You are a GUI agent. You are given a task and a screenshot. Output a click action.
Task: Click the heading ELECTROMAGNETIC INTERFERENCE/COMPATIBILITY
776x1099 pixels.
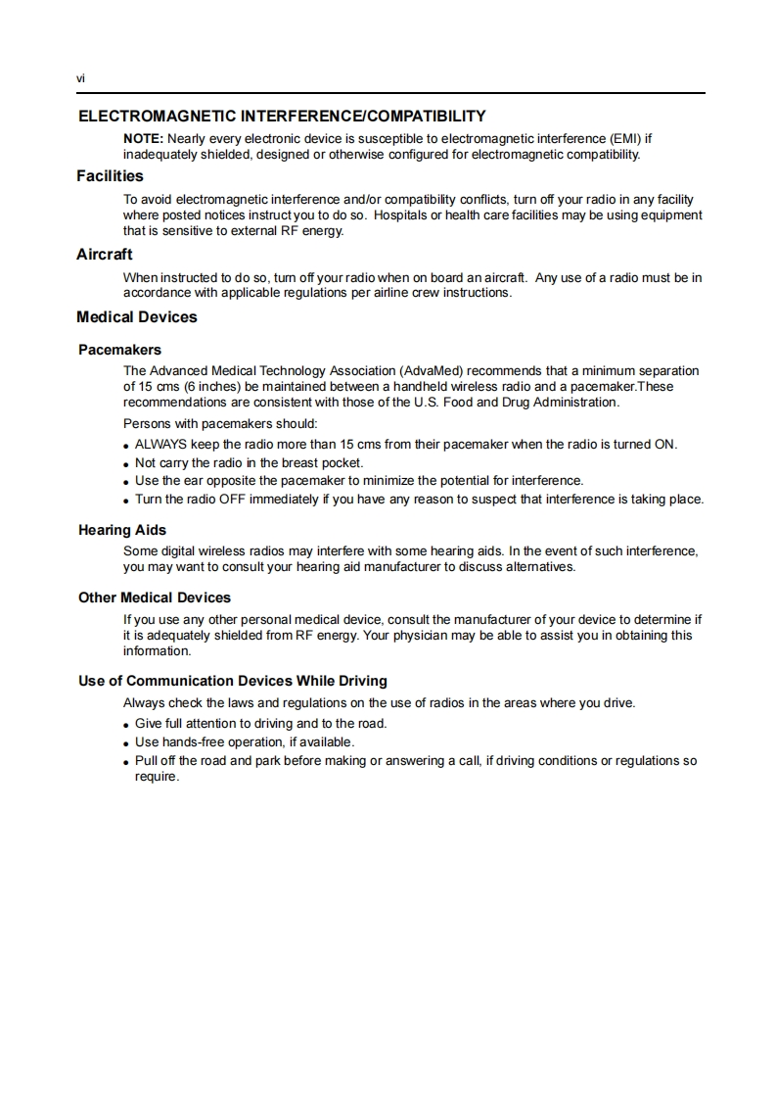coord(282,117)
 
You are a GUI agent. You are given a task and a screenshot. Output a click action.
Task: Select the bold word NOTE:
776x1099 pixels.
coord(143,138)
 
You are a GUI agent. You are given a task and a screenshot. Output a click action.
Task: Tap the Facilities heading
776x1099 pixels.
coord(110,176)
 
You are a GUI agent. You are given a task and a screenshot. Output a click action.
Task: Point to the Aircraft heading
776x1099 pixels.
coord(105,255)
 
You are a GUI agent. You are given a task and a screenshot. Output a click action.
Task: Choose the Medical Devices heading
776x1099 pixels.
coord(137,317)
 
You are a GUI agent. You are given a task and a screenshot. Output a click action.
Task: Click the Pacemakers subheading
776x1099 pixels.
coord(119,350)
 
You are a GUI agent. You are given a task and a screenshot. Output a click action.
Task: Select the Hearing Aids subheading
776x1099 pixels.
coord(122,530)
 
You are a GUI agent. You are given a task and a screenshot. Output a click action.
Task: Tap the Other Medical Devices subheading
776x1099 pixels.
coord(155,597)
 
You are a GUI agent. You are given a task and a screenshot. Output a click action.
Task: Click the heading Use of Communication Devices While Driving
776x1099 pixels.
coord(233,681)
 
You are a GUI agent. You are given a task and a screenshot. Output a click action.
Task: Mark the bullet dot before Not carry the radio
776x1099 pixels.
coord(127,463)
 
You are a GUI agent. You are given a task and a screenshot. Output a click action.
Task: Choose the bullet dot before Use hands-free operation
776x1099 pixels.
coord(127,743)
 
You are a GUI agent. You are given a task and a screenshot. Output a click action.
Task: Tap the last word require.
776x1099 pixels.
coord(157,777)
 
